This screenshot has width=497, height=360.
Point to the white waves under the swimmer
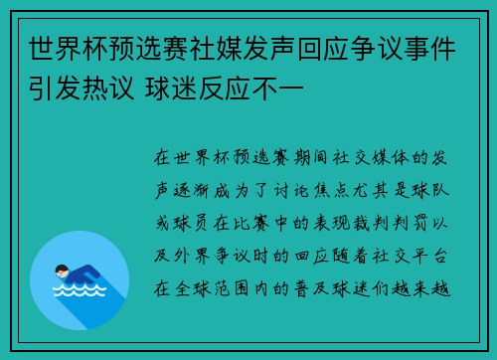pos(79,289)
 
